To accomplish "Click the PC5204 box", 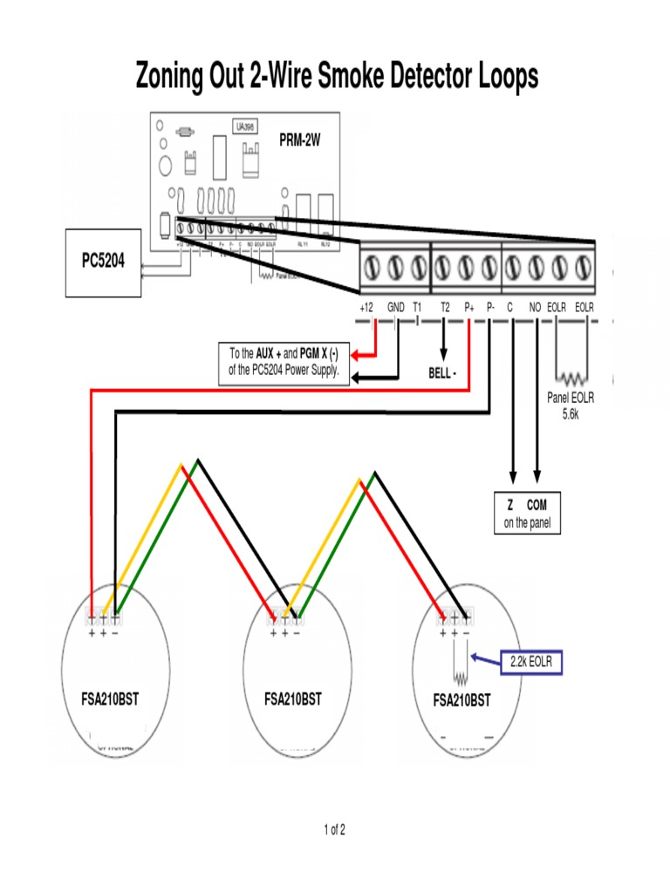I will (x=103, y=262).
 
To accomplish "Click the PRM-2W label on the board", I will (x=300, y=140).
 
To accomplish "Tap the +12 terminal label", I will (x=367, y=307).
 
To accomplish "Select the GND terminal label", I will (x=396, y=307).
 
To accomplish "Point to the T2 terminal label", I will (x=445, y=307).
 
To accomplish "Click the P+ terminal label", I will (x=469, y=307).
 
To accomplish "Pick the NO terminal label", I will (x=535, y=307).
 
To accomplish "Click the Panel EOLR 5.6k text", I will (x=570, y=404).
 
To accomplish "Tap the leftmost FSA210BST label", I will (x=108, y=699).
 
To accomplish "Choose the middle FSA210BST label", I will (x=292, y=699).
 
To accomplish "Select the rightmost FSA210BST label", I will (x=461, y=700).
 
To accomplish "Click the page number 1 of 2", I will (x=334, y=829).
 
